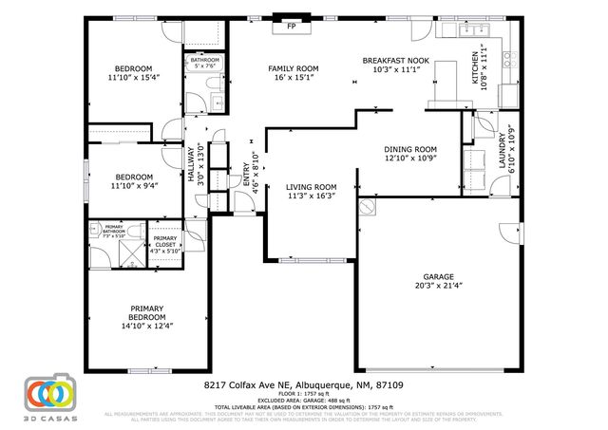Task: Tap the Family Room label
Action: (x=293, y=68)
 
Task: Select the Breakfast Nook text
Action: (x=396, y=60)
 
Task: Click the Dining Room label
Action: (x=410, y=149)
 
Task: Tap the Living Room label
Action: (x=312, y=187)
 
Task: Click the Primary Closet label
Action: (x=164, y=240)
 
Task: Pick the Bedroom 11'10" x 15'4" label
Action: (x=134, y=68)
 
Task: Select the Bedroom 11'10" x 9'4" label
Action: (x=134, y=177)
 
